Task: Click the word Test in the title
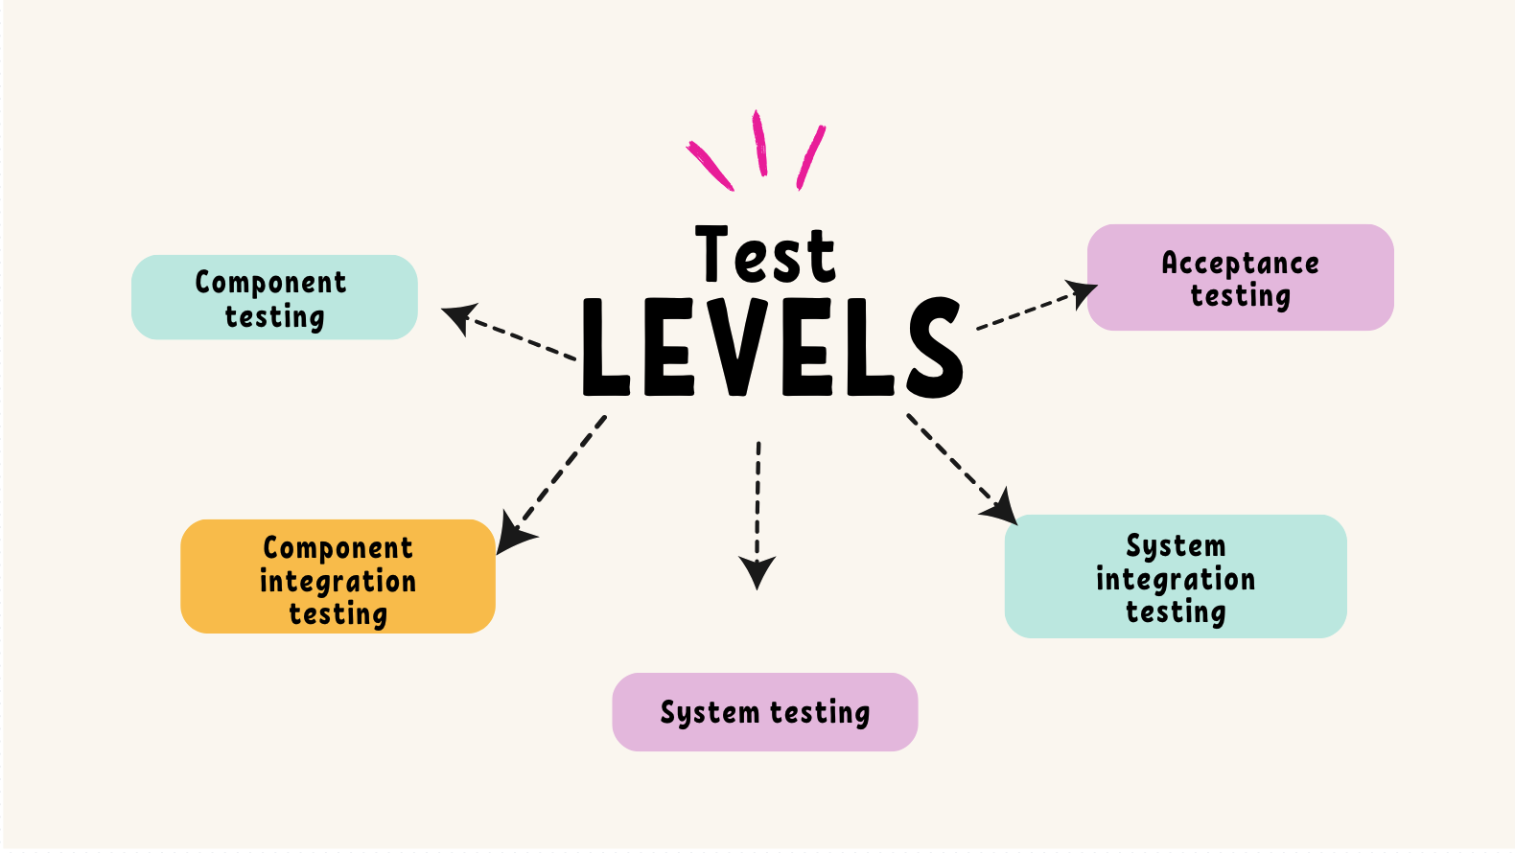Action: (765, 255)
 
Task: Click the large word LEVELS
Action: (772, 347)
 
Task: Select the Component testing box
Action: (274, 297)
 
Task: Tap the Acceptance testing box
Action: (1240, 278)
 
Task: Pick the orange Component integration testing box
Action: (338, 577)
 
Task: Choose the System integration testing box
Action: (1176, 577)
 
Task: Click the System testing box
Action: (765, 712)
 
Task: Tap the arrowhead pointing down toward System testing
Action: (757, 571)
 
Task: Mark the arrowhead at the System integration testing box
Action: (1001, 508)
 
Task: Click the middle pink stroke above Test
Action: (759, 143)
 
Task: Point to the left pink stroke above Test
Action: (711, 166)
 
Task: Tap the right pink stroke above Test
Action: (811, 156)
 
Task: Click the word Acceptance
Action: (1240, 263)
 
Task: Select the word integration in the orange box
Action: (338, 581)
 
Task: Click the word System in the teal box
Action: (1176, 545)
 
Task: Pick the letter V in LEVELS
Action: (737, 347)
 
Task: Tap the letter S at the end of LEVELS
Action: (932, 347)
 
